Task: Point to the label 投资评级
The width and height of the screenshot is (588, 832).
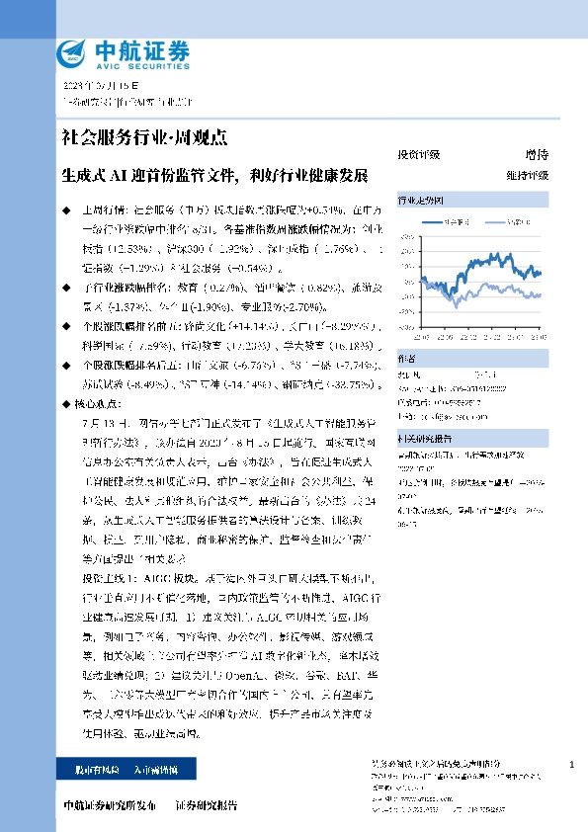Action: pos(418,155)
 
